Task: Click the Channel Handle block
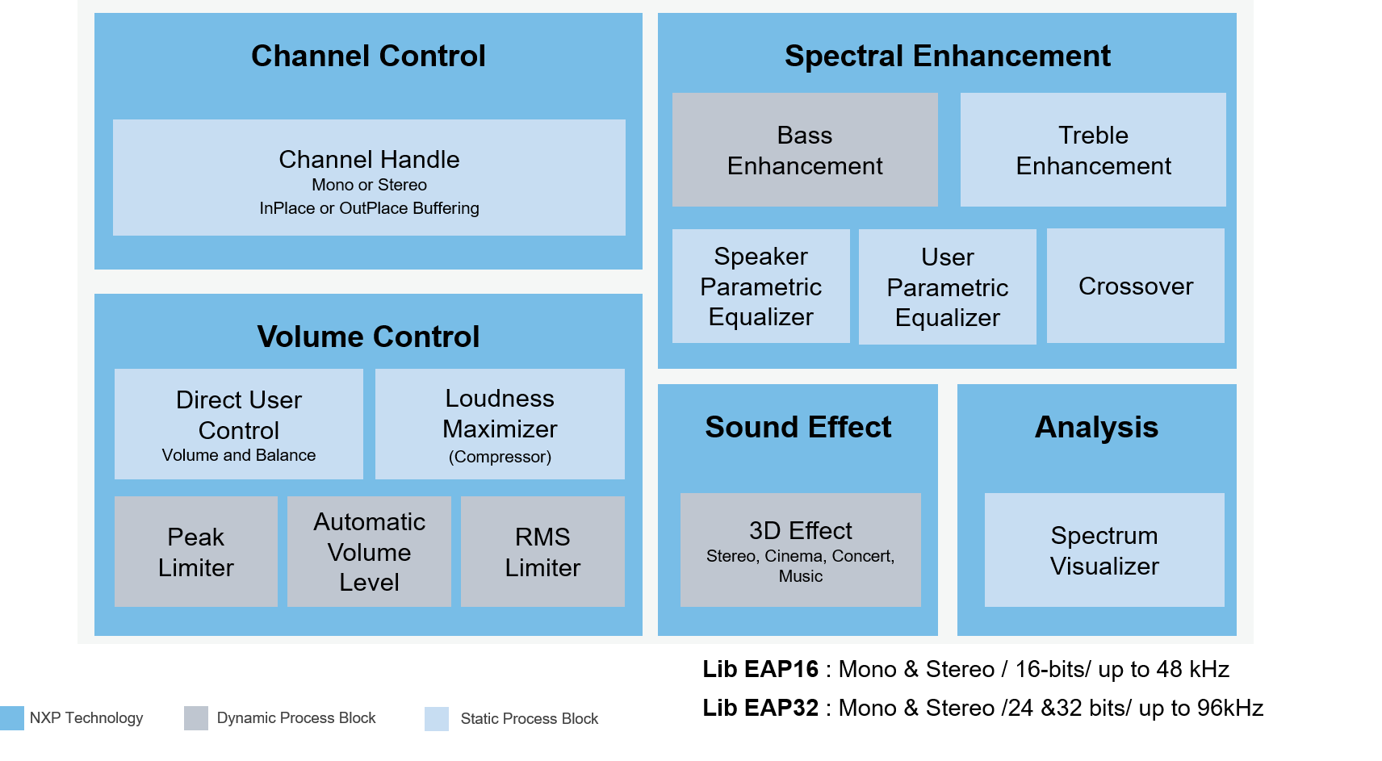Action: pos(369,178)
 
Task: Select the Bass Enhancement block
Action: pos(805,150)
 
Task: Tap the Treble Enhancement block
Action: pos(1093,150)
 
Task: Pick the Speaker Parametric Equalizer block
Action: pos(760,286)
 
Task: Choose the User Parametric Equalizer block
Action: pos(947,287)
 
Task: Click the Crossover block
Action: pos(1135,286)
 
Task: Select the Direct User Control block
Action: pos(239,424)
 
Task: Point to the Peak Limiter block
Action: pos(196,552)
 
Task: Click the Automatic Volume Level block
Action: pos(369,552)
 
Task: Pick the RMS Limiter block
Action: pos(542,552)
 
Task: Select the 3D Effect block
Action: pos(800,550)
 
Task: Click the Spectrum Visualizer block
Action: pos(1104,550)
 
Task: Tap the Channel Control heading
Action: pos(368,56)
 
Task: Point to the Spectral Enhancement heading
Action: pos(947,56)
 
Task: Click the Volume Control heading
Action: pos(368,337)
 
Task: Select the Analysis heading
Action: pos(1096,427)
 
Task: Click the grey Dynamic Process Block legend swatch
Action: pos(196,718)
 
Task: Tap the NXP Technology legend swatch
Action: pos(12,718)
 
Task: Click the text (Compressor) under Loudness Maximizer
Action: pos(500,457)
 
